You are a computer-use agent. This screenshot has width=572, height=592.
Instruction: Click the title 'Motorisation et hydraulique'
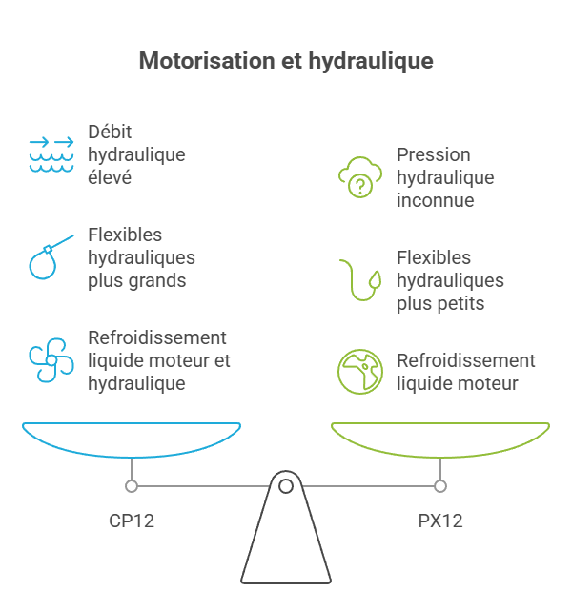[286, 61]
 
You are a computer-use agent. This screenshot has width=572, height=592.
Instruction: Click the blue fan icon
[51, 359]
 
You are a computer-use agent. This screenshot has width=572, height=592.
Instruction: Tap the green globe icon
[360, 372]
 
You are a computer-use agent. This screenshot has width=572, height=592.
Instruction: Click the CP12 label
[132, 521]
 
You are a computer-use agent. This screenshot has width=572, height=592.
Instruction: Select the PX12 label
[440, 521]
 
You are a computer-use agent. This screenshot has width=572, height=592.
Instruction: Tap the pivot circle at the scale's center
[286, 486]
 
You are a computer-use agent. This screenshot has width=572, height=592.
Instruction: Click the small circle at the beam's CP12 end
[132, 486]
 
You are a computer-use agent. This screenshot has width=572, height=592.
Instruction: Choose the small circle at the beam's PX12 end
[440, 486]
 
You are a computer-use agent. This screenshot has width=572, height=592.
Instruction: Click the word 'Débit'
[110, 132]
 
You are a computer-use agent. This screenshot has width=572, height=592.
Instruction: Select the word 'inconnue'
[436, 200]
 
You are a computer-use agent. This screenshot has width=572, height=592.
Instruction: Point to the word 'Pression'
[434, 154]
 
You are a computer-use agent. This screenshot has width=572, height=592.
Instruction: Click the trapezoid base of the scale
[286, 548]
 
